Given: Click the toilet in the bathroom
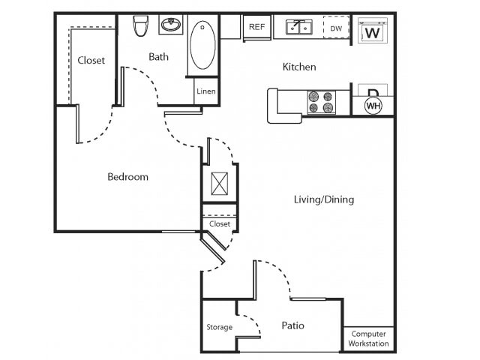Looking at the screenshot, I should click(x=139, y=26).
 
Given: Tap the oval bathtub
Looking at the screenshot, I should click(x=202, y=44).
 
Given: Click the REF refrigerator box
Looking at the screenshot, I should click(x=257, y=27).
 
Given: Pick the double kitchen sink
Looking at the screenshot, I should click(x=298, y=28).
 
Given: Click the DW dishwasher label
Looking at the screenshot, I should click(x=336, y=28).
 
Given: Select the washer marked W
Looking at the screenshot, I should click(x=372, y=33).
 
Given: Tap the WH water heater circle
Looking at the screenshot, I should click(x=373, y=106).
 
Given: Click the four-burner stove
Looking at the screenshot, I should click(x=321, y=102).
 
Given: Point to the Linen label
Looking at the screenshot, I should click(x=206, y=91).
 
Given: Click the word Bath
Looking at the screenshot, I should click(x=158, y=56).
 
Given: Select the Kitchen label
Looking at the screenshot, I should click(x=298, y=67).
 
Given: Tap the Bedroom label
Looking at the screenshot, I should click(x=127, y=177).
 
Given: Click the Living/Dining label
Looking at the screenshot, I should click(x=323, y=199).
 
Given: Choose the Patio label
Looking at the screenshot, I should click(x=292, y=325).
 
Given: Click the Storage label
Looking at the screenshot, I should click(x=220, y=327).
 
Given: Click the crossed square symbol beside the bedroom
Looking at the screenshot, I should click(x=220, y=184).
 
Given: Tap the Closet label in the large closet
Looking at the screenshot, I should click(x=91, y=60).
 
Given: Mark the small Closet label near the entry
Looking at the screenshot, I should click(x=220, y=223).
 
